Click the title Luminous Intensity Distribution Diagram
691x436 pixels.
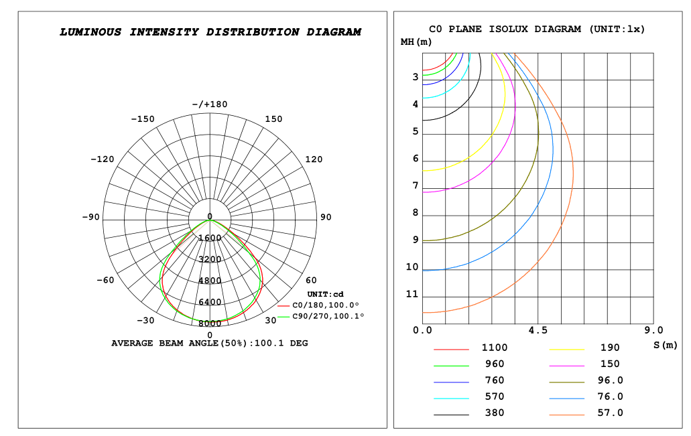click(210, 31)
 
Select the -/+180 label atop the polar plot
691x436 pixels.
click(210, 104)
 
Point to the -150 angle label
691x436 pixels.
click(142, 119)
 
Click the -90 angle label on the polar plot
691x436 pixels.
click(90, 217)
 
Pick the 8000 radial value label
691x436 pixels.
click(210, 323)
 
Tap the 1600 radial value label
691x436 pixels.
click(210, 238)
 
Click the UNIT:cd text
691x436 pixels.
click(325, 294)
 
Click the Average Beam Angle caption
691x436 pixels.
click(210, 343)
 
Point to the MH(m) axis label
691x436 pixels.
click(416, 42)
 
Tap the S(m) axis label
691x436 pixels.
click(665, 345)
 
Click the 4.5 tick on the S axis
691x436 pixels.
click(538, 330)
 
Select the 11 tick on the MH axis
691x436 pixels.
click(412, 295)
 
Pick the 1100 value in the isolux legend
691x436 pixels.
click(495, 348)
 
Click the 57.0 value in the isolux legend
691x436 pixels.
click(610, 413)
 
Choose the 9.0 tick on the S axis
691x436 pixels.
click(653, 330)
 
